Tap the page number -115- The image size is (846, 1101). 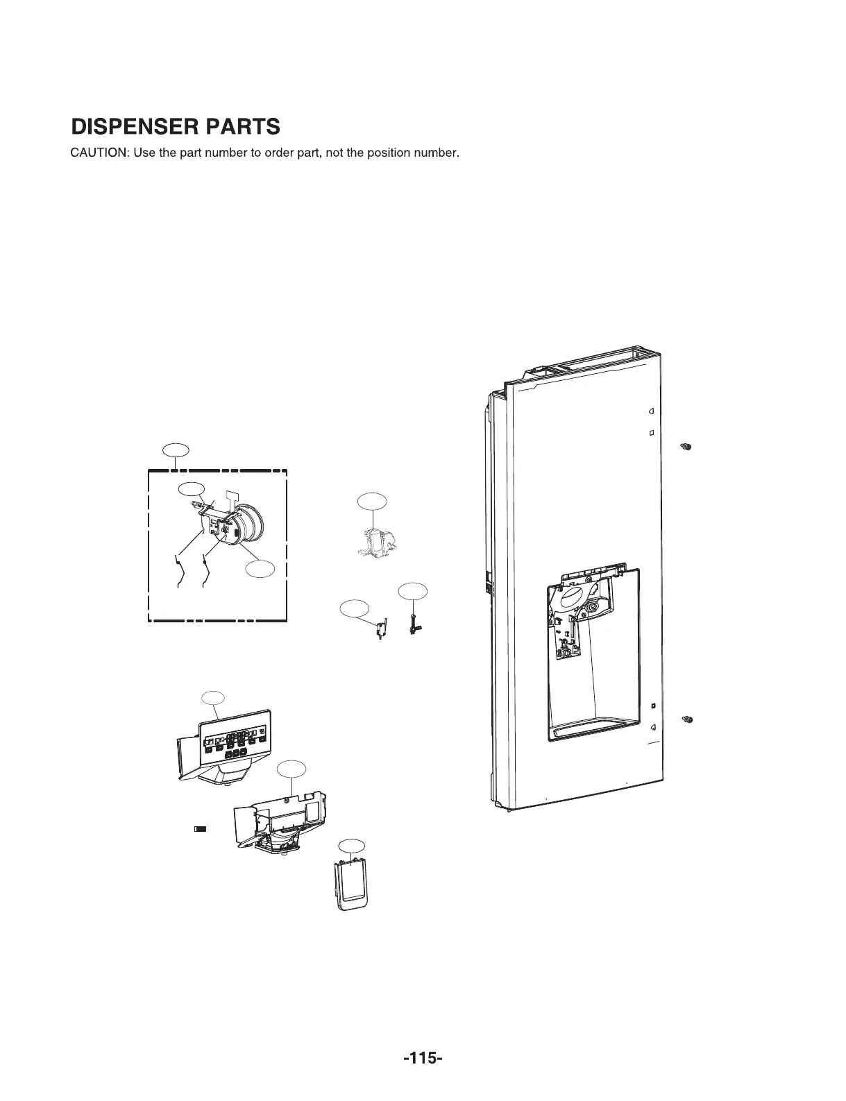(x=422, y=1059)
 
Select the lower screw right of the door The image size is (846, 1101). (x=687, y=719)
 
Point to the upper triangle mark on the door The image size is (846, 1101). (x=651, y=411)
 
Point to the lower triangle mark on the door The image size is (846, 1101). (x=652, y=727)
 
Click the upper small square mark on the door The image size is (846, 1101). (x=652, y=433)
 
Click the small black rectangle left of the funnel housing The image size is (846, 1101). (x=200, y=828)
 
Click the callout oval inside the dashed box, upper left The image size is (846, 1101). (x=192, y=488)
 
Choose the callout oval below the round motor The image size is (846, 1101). (x=261, y=570)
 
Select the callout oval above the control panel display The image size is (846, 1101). (x=213, y=698)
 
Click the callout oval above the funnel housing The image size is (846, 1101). (x=291, y=769)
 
